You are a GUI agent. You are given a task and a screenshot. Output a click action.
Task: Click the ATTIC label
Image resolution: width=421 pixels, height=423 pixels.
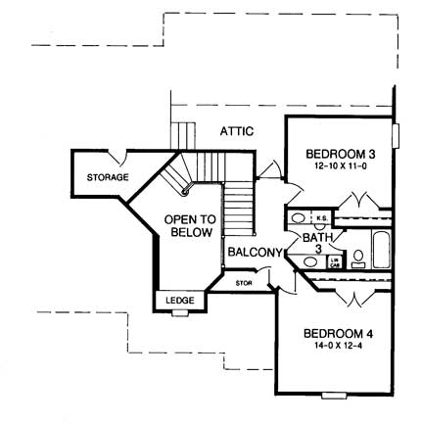pos(237,129)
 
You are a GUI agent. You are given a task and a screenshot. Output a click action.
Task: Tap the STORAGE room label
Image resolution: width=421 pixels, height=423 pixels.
pos(108,177)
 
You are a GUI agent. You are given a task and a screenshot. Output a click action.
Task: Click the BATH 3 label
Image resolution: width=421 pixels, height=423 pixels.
pos(315,244)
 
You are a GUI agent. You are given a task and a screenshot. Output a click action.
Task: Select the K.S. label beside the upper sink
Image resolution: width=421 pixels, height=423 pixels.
pos(321,217)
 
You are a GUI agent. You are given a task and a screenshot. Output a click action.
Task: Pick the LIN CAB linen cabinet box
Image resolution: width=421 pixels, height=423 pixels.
pos(335,260)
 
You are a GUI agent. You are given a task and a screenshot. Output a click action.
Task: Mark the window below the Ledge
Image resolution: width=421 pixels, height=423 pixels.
pos(180,312)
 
